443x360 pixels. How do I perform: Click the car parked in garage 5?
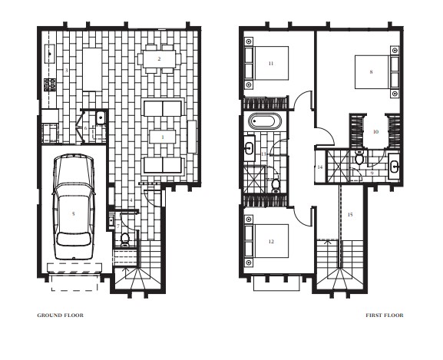point(74,206)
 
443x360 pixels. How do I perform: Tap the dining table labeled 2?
point(159,59)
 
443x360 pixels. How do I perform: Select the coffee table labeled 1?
point(163,137)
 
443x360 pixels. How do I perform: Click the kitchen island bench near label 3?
point(92,69)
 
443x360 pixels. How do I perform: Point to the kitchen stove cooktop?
point(50,84)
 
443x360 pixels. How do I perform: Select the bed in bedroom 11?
point(266,63)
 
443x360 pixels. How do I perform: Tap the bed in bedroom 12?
point(266,241)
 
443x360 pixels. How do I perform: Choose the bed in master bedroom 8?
point(377,72)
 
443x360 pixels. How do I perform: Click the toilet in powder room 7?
point(124,239)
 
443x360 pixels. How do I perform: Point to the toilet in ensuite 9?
point(359,158)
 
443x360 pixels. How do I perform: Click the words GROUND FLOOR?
point(60,315)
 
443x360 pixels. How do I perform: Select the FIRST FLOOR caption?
point(385,315)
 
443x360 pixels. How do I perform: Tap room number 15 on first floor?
point(350,215)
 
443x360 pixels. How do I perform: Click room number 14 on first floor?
point(320,167)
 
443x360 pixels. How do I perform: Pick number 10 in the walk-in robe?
point(375,131)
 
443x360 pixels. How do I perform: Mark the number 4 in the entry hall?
point(131,200)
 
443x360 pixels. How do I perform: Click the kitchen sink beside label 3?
point(50,54)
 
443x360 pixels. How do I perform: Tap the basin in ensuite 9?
point(394,167)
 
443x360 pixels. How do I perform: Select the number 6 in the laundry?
point(85,128)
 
